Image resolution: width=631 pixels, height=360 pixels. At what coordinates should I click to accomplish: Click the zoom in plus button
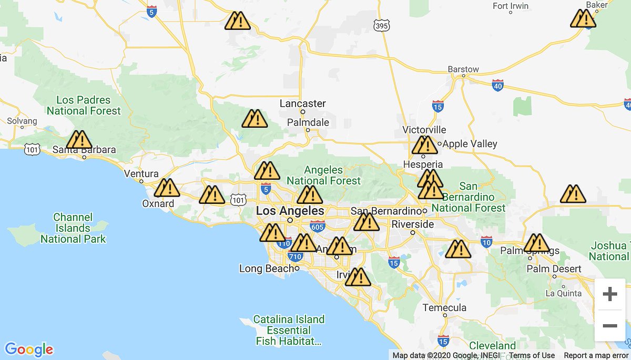609,294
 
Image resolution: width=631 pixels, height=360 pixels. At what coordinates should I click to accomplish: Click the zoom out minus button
609,326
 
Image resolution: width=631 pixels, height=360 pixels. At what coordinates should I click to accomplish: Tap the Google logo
29,349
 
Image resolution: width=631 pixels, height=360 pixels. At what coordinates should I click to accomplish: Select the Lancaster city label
302,104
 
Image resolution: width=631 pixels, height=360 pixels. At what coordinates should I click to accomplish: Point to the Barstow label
463,69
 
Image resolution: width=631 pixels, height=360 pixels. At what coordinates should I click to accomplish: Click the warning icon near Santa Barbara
79,140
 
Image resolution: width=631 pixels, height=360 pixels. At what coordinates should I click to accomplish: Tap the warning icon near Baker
583,19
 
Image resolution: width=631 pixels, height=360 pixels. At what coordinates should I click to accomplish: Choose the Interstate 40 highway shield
498,85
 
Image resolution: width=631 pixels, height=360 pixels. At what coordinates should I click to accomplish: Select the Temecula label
445,307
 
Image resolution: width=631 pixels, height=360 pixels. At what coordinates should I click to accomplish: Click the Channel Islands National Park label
73,228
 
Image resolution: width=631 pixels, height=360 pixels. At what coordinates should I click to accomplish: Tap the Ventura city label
141,173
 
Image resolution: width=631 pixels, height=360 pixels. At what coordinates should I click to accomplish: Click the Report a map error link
596,355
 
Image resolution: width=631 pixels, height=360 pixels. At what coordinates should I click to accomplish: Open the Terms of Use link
532,355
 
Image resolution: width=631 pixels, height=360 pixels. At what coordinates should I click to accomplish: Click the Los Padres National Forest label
84,105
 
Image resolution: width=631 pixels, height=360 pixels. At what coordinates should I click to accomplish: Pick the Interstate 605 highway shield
317,226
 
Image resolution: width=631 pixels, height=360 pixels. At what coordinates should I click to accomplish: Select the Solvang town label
22,121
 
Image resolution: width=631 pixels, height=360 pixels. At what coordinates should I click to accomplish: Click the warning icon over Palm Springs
536,243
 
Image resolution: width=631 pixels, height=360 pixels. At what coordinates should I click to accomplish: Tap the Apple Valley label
470,143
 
